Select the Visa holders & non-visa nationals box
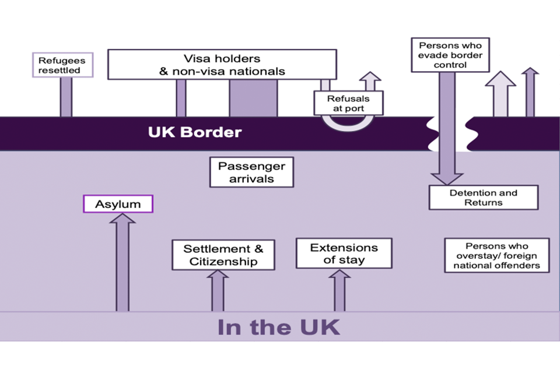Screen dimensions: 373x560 (x=222, y=65)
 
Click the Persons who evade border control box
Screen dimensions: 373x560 (x=442, y=55)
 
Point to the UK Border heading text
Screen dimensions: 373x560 (x=194, y=132)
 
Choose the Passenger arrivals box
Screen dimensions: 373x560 (x=251, y=172)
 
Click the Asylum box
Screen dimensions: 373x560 (x=118, y=204)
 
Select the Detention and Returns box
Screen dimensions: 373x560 (x=483, y=198)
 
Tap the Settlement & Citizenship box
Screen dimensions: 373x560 (x=223, y=255)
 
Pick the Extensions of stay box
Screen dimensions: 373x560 (x=344, y=254)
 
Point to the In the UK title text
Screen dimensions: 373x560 (x=278, y=327)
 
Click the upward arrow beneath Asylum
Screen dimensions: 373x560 (x=123, y=262)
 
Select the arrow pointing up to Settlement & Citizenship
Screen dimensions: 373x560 (x=217, y=291)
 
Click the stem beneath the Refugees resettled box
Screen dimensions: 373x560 (x=66, y=97)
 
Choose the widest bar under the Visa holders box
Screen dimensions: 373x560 (x=253, y=98)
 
